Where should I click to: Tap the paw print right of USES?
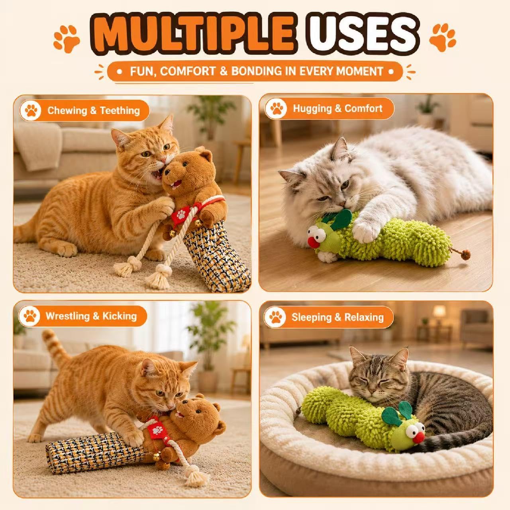pos(443,38)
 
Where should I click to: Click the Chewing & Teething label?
pos(93,110)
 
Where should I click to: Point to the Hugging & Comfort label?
pos(337,108)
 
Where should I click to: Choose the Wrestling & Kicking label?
pos(91,316)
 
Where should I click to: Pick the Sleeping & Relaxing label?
pos(337,317)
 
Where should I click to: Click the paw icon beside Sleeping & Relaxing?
pos(275,317)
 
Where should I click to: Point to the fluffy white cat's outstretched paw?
pos(367,231)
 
